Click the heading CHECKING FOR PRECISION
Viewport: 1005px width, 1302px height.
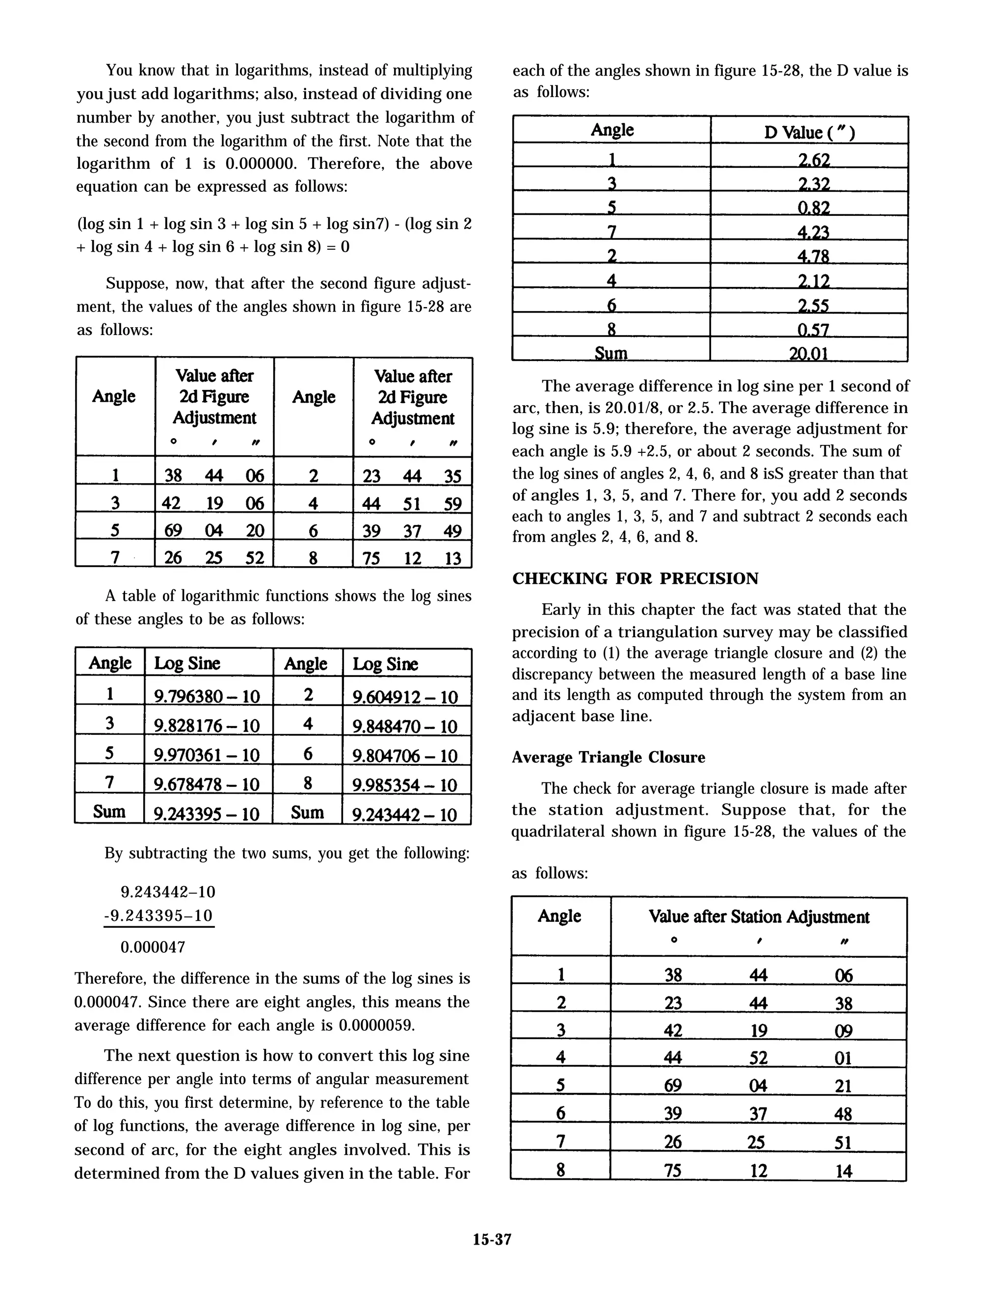pyautogui.click(x=635, y=579)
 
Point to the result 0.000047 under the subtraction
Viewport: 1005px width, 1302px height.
pyautogui.click(x=153, y=947)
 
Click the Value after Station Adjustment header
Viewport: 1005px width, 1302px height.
pyautogui.click(x=759, y=917)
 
